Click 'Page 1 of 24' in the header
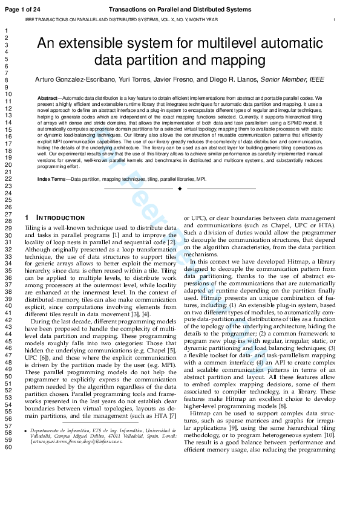[x=22, y=9]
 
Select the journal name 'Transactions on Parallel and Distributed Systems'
[x=179, y=9]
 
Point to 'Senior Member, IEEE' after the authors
[x=290, y=80]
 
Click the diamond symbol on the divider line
[x=179, y=189]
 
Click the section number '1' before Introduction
[x=27, y=218]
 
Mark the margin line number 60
[x=8, y=447]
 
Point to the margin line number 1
[x=5, y=30]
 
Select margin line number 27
[x=8, y=214]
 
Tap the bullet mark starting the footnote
[x=27, y=430]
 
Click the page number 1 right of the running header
[x=335, y=20]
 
